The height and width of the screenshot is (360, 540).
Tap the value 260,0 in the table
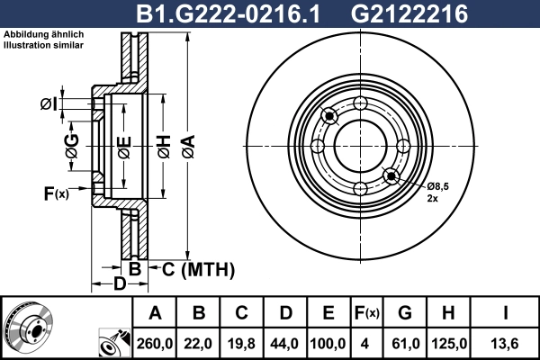(x=155, y=343)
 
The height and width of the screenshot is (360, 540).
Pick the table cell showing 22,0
(x=199, y=343)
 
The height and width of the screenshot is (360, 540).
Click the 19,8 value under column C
(x=241, y=343)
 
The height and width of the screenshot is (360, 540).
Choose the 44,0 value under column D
(x=284, y=343)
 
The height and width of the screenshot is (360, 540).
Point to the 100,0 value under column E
(x=328, y=343)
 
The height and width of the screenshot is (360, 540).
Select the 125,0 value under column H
(x=450, y=343)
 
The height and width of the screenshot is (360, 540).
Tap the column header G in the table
(x=404, y=313)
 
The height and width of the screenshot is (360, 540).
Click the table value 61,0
(x=404, y=343)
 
